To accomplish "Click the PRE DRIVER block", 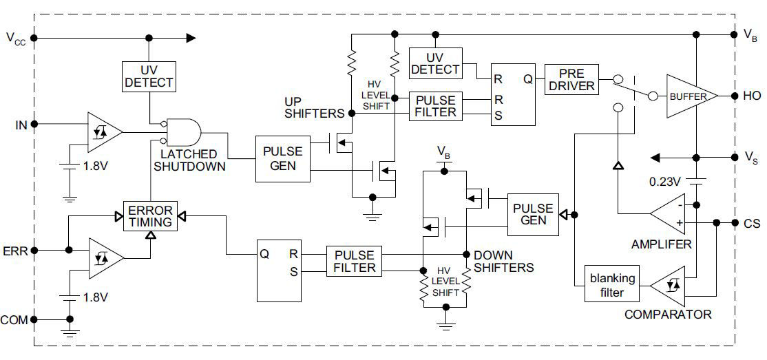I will tap(571, 80).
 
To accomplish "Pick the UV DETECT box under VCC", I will tap(149, 76).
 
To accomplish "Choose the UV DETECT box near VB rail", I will tap(435, 63).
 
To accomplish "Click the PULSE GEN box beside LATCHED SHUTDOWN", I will tap(282, 159).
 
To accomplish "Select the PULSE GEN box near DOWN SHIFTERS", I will tap(534, 215).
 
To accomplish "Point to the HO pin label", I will tap(751, 96).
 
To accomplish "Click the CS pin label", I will tap(751, 223).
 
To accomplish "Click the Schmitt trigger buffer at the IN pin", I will tap(104, 131).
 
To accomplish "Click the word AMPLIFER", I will tap(661, 244).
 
